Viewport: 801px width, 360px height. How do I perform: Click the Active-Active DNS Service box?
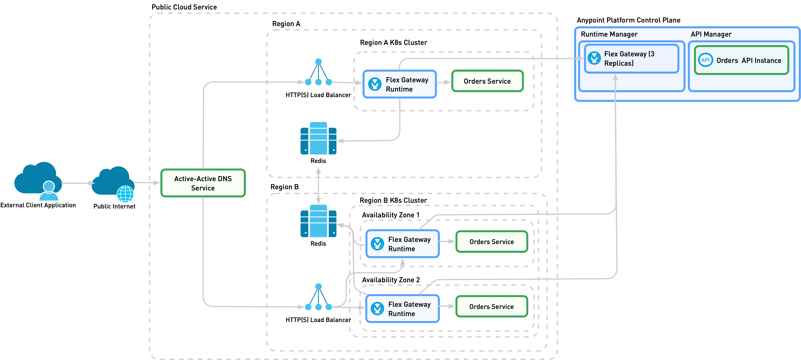click(x=203, y=183)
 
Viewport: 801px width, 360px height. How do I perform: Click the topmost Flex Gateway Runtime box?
click(x=400, y=84)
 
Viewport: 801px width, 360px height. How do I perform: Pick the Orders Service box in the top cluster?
click(x=487, y=81)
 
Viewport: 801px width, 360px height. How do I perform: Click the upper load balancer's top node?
click(x=318, y=62)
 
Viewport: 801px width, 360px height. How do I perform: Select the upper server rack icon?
click(x=318, y=138)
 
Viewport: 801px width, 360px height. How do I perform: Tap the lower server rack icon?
click(x=318, y=221)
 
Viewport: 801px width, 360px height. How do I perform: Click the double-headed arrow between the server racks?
click(x=318, y=186)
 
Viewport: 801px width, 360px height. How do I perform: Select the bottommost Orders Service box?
click(x=492, y=307)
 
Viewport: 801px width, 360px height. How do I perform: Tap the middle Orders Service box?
click(x=492, y=242)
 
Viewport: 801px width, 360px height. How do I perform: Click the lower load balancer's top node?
click(x=318, y=286)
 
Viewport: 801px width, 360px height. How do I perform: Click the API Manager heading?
click(x=711, y=34)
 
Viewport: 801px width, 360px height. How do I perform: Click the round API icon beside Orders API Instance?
click(x=705, y=60)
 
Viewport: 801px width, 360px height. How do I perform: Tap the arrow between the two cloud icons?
click(x=78, y=183)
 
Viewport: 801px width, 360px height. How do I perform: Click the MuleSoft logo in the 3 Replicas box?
click(x=594, y=58)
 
